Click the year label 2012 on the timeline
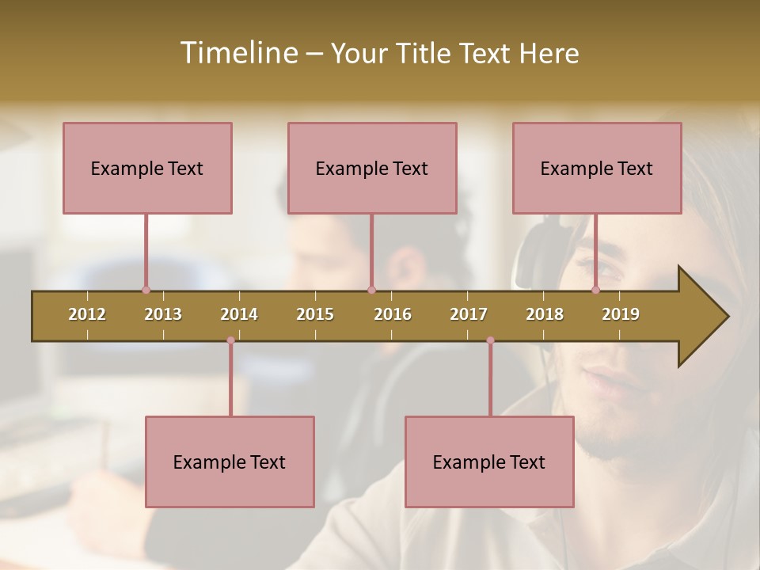(87, 314)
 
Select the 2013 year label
(163, 314)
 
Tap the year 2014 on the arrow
(239, 314)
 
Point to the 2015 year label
(315, 314)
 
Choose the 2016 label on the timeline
(393, 314)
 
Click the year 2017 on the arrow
(469, 314)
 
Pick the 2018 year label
(545, 314)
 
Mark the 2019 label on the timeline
(621, 314)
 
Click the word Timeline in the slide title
(237, 53)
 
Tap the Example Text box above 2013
(147, 168)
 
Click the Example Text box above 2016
(372, 168)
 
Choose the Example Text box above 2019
(597, 168)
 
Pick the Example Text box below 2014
(230, 462)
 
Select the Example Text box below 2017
(489, 462)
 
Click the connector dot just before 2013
(146, 290)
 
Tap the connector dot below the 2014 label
(230, 340)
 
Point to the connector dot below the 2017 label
(490, 340)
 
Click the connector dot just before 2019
(595, 290)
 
